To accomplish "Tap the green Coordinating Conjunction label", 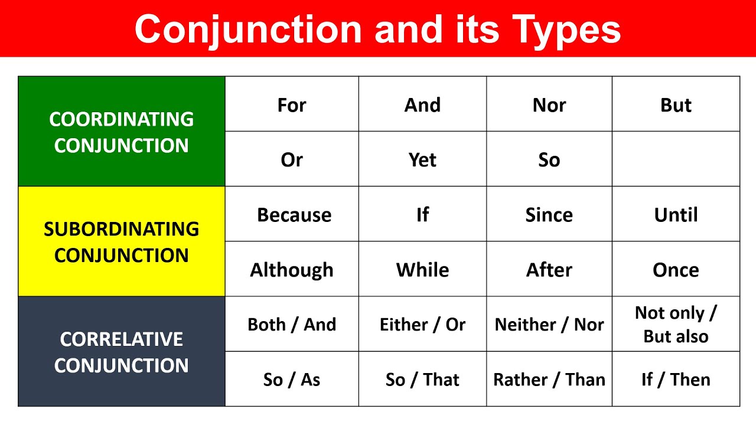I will [122, 132].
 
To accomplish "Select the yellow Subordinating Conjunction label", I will [122, 241].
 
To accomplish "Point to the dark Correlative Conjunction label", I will [122, 352].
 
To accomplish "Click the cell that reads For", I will [292, 105].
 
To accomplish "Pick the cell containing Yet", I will [422, 159].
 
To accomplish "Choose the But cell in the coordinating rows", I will [676, 105].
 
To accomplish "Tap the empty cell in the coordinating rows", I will [676, 159].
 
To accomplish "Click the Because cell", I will [294, 215].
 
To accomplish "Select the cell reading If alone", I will [422, 215].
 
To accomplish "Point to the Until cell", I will [676, 215].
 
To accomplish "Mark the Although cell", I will [292, 270].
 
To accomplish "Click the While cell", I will [422, 270].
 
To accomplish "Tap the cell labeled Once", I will [676, 270].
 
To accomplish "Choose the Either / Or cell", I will [422, 324].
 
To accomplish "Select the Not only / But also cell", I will [676, 324].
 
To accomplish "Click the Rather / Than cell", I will [549, 380].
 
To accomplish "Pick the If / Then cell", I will [676, 380].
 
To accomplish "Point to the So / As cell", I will [292, 380].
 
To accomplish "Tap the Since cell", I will [549, 215].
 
